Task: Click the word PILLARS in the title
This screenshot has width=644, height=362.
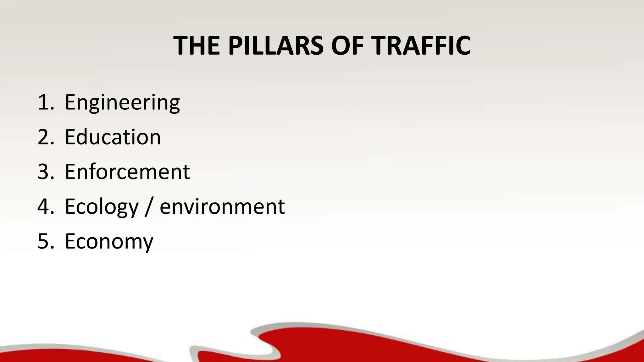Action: click(x=275, y=46)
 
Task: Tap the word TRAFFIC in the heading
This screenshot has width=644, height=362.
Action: click(x=421, y=46)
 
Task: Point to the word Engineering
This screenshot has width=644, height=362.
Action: click(x=122, y=103)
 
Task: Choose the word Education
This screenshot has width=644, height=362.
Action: click(x=113, y=137)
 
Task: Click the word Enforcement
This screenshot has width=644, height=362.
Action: click(x=127, y=172)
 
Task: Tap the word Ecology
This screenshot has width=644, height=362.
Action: click(x=102, y=207)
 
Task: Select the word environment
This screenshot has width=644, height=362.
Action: click(x=222, y=207)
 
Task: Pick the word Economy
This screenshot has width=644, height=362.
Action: click(x=109, y=242)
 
